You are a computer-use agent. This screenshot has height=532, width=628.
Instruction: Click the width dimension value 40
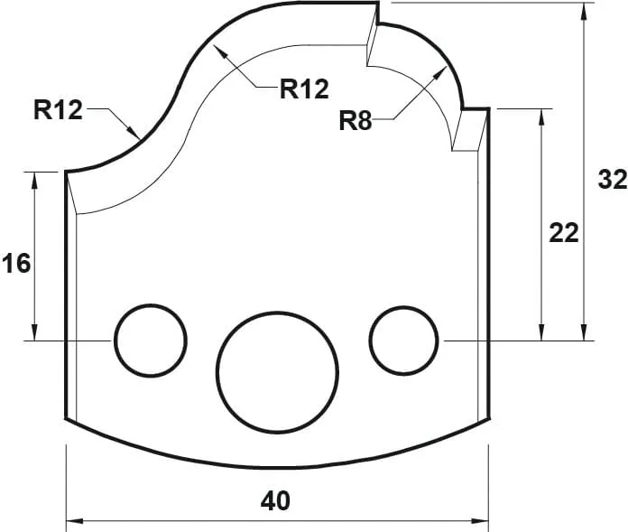tap(276, 500)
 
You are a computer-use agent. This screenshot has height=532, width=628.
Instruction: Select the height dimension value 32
tap(612, 180)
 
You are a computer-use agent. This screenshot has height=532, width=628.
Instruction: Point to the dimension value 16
tap(15, 264)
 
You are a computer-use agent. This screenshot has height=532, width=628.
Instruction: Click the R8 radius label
tap(356, 122)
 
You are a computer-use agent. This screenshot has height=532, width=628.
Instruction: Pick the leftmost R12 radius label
tap(58, 110)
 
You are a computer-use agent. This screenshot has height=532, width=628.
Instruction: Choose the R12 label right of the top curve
tap(304, 89)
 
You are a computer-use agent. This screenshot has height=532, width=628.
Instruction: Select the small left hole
tap(150, 340)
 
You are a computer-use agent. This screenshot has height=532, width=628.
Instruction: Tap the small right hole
tap(404, 340)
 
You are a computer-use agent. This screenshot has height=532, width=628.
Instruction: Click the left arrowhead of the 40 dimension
tap(72, 520)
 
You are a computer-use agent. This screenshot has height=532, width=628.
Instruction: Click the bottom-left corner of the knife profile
tap(67, 418)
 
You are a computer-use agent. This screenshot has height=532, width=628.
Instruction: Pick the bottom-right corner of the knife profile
tap(488, 418)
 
